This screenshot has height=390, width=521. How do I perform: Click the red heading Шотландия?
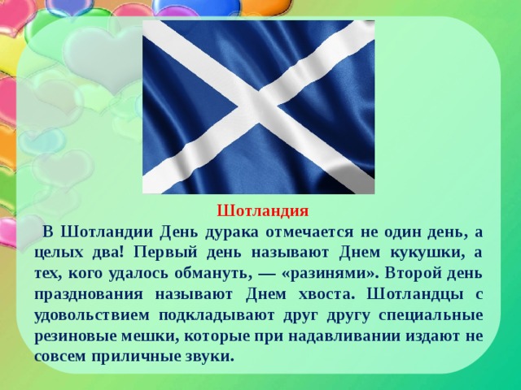tap(262, 211)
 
